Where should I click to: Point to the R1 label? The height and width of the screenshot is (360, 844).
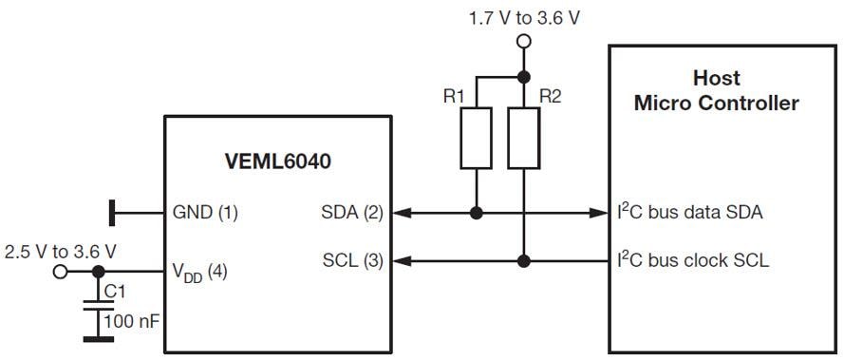click(x=454, y=97)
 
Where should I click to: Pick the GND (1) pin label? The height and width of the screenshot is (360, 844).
click(x=203, y=213)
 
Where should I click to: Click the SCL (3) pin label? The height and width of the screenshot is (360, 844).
click(x=353, y=259)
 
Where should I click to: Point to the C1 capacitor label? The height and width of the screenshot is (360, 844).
click(x=115, y=292)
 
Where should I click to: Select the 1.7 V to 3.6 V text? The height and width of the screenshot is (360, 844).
click(x=525, y=18)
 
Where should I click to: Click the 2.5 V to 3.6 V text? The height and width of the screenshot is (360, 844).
click(x=60, y=252)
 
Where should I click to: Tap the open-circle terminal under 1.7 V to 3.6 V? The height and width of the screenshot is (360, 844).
click(x=522, y=42)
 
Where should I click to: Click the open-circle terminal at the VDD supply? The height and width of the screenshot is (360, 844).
click(x=61, y=273)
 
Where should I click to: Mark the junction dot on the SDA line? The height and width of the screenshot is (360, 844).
click(x=476, y=213)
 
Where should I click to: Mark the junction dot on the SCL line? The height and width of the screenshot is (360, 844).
click(x=522, y=258)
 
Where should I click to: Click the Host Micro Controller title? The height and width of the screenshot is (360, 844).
click(x=716, y=90)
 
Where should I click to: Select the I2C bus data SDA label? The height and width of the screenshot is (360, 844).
click(x=689, y=212)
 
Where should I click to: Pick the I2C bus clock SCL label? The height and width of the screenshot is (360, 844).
click(x=693, y=258)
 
